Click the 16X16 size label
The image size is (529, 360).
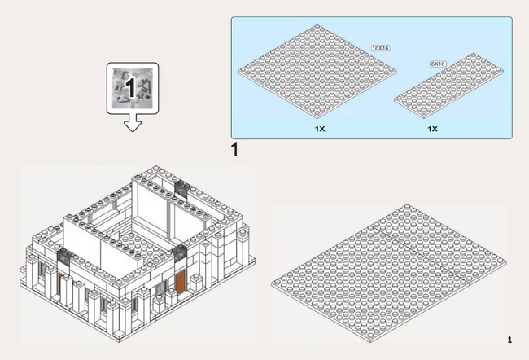(x=381, y=48)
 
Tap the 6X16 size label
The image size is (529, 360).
(x=438, y=64)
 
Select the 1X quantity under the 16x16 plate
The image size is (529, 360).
(x=320, y=129)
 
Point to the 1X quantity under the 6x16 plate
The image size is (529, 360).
(x=432, y=129)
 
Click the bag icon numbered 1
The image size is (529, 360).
(x=133, y=88)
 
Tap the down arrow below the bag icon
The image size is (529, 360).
(x=133, y=123)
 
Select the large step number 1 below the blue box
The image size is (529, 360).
(x=235, y=150)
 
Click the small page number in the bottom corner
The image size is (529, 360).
(x=509, y=340)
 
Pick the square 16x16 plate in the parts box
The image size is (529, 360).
(x=317, y=71)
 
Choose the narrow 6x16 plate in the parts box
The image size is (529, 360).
(x=448, y=86)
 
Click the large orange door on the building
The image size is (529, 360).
(x=181, y=283)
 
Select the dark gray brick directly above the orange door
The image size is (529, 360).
(x=180, y=253)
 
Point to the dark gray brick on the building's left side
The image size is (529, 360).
(x=64, y=257)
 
